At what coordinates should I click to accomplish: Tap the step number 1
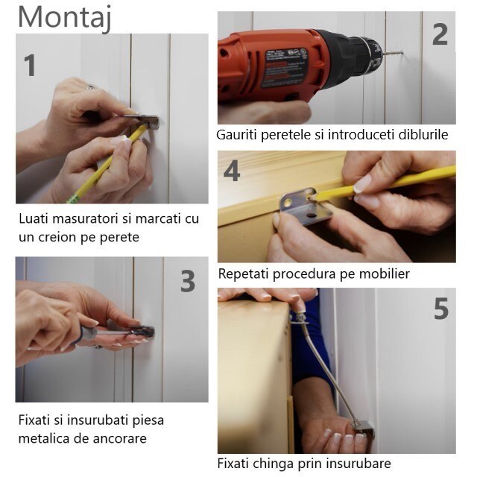(x=30, y=66)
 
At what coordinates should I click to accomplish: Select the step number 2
(x=440, y=34)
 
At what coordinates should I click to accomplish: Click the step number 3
(x=187, y=281)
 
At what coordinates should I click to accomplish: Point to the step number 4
(x=232, y=171)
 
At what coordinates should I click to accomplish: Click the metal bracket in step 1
(x=148, y=121)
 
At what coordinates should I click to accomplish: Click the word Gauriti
(x=237, y=135)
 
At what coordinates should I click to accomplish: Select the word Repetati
(x=245, y=274)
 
